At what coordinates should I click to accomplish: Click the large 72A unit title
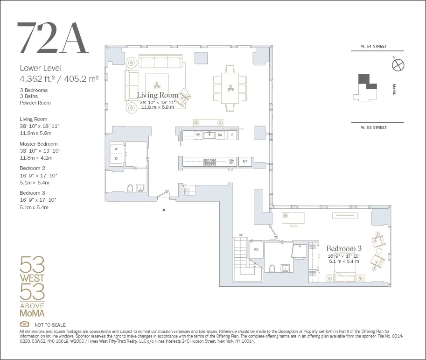point(52,38)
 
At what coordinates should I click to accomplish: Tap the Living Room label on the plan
point(157,95)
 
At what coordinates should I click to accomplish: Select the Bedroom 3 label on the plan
point(343,248)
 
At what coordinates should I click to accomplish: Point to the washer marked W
point(116,149)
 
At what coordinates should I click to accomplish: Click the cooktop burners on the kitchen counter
point(210,162)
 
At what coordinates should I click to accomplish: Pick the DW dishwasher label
point(220,135)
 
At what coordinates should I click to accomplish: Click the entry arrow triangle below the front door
point(164,210)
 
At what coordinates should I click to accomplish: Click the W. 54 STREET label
point(374,47)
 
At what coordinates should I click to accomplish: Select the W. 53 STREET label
point(374,127)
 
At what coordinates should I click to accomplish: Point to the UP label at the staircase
point(241,235)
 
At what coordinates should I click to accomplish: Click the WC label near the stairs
point(256,249)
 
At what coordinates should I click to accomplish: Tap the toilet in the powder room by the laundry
point(131,188)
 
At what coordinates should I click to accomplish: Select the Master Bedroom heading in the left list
point(39,144)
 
